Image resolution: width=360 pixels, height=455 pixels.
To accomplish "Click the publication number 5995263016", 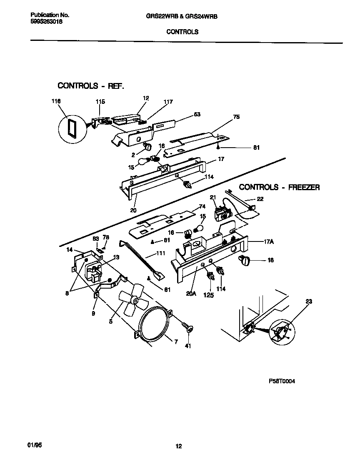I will (47, 22).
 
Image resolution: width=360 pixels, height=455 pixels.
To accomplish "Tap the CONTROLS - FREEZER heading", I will (279, 187).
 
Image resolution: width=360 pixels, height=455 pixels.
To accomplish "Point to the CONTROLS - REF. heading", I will (91, 86).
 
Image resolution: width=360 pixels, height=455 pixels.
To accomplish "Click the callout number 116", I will (56, 101).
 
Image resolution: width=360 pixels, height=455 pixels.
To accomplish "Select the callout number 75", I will (236, 117).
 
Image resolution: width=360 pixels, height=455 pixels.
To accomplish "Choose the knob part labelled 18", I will (245, 261).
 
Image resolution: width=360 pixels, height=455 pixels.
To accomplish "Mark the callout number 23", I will (309, 301).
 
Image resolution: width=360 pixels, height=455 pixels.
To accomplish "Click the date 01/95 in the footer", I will (36, 445).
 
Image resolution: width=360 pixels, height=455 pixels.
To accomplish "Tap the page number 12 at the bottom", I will (179, 447).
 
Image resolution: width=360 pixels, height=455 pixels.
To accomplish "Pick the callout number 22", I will (260, 199).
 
